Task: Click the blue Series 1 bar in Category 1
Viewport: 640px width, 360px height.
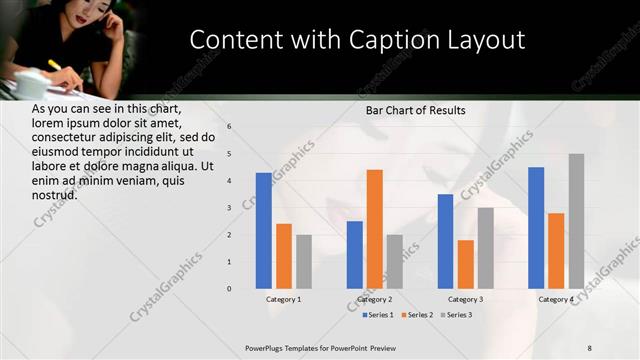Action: click(264, 230)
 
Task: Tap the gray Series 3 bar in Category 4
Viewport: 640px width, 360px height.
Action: click(576, 221)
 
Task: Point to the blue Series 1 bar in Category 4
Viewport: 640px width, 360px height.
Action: click(536, 228)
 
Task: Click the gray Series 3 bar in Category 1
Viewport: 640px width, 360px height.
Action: click(304, 262)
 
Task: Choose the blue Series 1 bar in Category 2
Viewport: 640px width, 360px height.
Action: click(355, 255)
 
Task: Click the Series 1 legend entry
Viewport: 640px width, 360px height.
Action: click(376, 315)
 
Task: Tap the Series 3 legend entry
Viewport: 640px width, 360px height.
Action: click(454, 315)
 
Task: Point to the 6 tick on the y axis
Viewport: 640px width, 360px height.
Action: click(229, 127)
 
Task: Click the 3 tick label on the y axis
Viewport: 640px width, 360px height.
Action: click(229, 208)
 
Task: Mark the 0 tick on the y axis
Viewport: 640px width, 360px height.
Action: click(229, 289)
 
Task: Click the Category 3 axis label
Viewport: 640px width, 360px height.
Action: click(466, 299)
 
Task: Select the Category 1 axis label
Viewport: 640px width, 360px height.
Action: click(284, 299)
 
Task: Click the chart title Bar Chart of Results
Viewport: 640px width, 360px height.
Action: click(415, 110)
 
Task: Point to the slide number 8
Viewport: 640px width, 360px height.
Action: click(590, 347)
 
